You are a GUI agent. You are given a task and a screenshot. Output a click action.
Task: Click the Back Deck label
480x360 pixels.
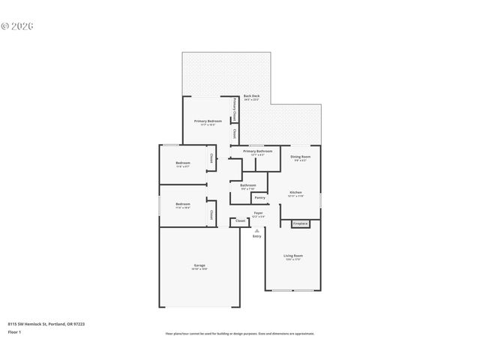(x=251, y=97)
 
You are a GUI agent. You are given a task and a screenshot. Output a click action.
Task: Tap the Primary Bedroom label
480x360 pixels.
(x=208, y=121)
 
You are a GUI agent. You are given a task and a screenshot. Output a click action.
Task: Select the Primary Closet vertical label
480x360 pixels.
(x=235, y=109)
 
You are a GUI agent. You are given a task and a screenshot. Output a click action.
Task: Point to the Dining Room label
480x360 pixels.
(x=300, y=157)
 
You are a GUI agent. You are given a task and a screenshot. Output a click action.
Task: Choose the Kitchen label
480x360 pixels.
(x=295, y=193)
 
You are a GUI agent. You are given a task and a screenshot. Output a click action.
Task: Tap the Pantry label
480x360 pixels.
(x=259, y=198)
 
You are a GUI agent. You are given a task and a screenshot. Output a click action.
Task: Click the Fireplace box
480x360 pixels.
(x=300, y=223)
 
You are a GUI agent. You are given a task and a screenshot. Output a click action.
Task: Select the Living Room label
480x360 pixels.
(x=292, y=256)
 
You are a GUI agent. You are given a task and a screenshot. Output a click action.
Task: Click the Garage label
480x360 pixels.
(x=199, y=266)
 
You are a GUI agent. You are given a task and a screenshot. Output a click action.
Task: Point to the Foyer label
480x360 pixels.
(x=257, y=213)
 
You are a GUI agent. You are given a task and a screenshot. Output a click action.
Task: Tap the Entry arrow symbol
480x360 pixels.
(x=257, y=230)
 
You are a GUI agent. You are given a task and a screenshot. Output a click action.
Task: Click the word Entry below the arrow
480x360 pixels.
(x=257, y=236)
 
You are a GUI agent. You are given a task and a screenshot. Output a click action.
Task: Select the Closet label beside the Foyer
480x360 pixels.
(x=240, y=221)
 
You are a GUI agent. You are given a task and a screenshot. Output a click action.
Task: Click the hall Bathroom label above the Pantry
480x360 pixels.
(x=247, y=185)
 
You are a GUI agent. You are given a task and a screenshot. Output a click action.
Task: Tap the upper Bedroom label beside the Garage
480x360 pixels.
(x=183, y=205)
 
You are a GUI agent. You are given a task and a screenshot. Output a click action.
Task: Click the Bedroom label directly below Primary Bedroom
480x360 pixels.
(x=183, y=163)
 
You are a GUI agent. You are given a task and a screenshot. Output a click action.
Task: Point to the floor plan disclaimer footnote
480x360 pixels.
(x=240, y=334)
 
